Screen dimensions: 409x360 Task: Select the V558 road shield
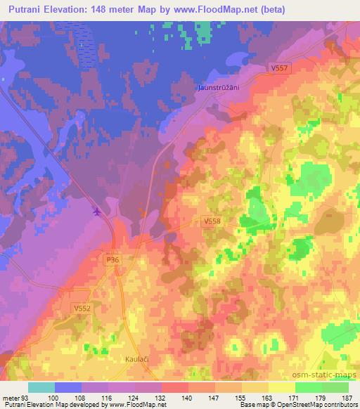click(212, 220)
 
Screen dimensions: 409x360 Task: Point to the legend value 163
click(268, 398)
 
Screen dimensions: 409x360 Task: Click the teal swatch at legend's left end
click(41, 387)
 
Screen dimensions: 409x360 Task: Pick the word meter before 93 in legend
click(11, 398)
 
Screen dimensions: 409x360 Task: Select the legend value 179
click(321, 398)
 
